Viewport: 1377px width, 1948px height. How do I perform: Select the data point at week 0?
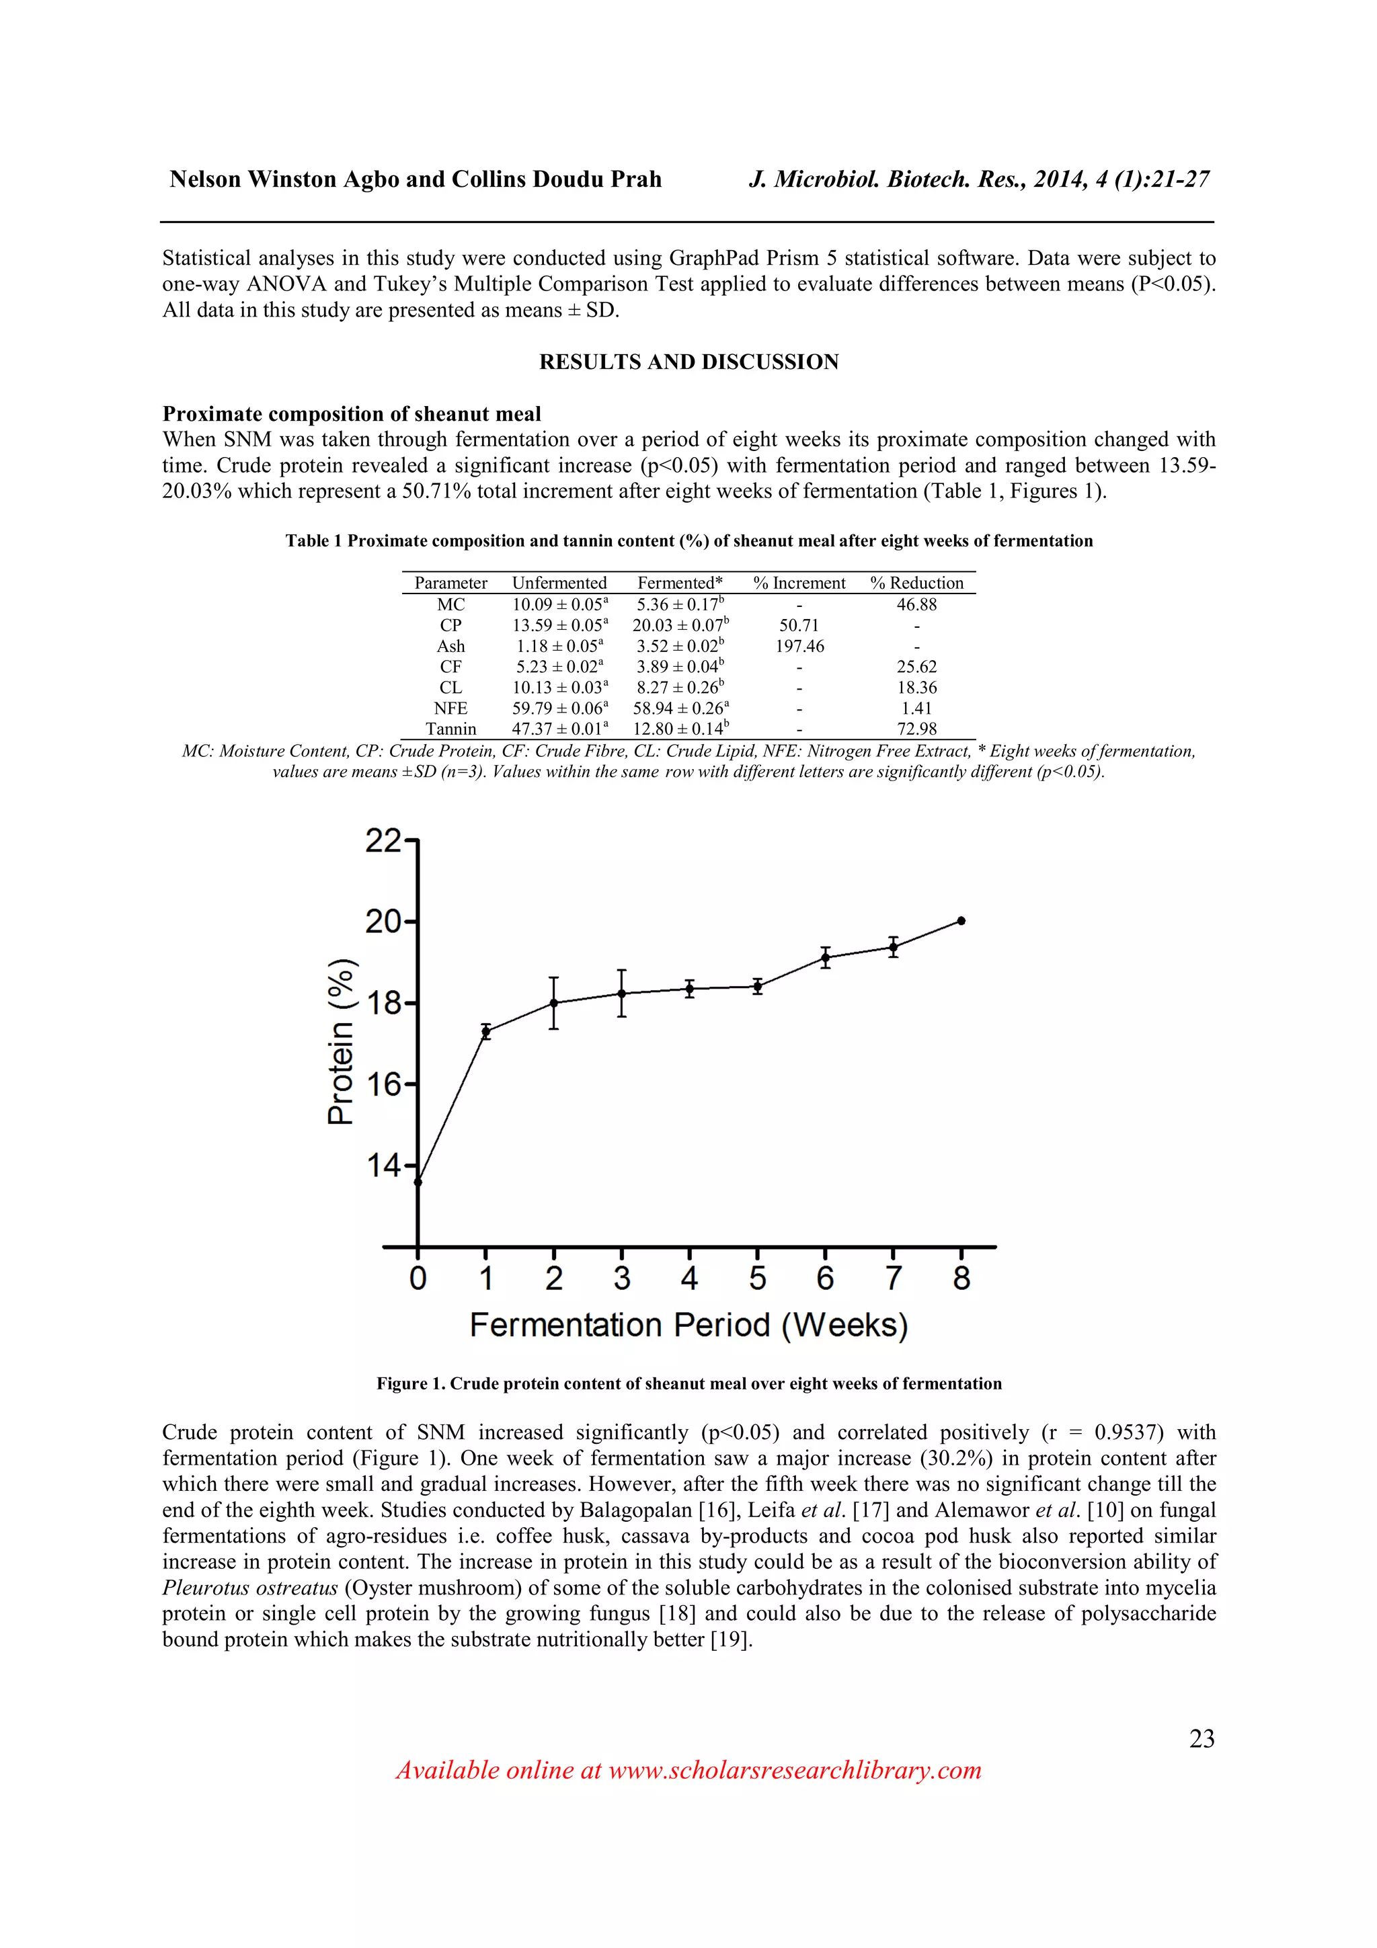tap(418, 1182)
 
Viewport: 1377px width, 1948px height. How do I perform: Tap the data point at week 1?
tap(485, 1032)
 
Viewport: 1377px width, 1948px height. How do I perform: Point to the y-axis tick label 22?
tap(383, 841)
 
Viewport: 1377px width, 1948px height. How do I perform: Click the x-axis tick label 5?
tap(757, 1279)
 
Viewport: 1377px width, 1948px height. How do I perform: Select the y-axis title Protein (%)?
tap(340, 1041)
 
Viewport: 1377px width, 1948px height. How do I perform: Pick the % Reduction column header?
tap(916, 583)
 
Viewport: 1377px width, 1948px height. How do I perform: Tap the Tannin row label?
tap(450, 729)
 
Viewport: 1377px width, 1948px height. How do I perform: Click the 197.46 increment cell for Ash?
tap(799, 646)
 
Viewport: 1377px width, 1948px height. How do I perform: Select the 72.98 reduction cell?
tap(916, 729)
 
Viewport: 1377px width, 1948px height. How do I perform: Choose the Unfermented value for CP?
tap(559, 625)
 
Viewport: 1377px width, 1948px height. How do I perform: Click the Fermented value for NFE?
tap(680, 708)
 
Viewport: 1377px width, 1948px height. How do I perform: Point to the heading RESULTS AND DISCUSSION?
tap(688, 362)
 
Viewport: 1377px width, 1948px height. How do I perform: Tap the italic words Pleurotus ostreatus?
tap(250, 1588)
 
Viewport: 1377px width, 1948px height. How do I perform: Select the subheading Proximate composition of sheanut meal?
tap(351, 414)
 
